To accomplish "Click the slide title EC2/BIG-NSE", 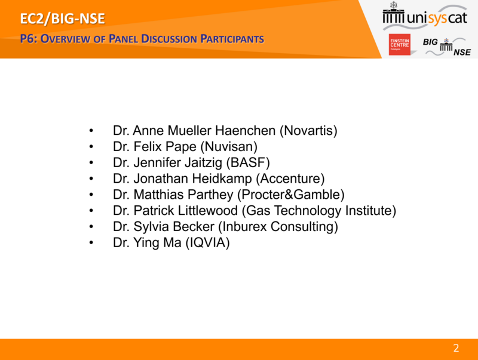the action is (63, 19).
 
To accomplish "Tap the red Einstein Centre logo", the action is (399, 44).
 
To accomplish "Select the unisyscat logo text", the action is (437, 18).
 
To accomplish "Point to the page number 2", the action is (456, 348).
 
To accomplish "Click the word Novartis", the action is (308, 130).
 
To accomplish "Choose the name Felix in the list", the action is (148, 146).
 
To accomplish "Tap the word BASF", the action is (248, 162).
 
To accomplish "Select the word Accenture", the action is (290, 179).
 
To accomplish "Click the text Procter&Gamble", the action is (291, 194).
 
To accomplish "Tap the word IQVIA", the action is (207, 243).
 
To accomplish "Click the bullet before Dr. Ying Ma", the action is (91, 243).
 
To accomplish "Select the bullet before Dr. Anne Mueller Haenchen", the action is (91, 131).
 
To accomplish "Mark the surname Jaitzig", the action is (203, 162).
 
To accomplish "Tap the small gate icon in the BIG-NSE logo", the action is (446, 45).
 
